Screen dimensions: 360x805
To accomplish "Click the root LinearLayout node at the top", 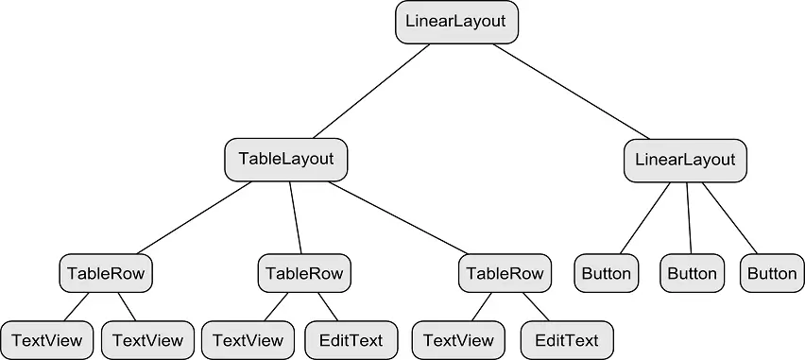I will pyautogui.click(x=456, y=21).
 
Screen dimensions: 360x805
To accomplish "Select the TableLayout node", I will pyautogui.click(x=286, y=159).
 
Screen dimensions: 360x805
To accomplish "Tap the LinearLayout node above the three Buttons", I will pyautogui.click(x=685, y=160).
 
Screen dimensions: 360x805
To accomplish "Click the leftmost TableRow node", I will pyautogui.click(x=106, y=274).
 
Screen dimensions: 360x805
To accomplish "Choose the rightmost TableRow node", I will pyautogui.click(x=506, y=274).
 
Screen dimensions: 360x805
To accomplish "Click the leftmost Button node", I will pyautogui.click(x=606, y=274).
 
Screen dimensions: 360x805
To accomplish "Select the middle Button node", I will pyautogui.click(x=692, y=274).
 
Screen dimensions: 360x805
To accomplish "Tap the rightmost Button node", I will pyautogui.click(x=772, y=274).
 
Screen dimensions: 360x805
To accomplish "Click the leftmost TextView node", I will pyautogui.click(x=47, y=339).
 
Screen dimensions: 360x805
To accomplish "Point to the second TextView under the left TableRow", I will pyautogui.click(x=147, y=339).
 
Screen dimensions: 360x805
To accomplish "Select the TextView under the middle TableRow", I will pyautogui.click(x=248, y=339).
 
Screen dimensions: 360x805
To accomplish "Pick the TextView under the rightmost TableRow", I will pyautogui.click(x=458, y=339).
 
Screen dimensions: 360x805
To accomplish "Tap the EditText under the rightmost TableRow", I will pyautogui.click(x=566, y=339).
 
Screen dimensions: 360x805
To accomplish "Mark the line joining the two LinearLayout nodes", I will pyautogui.click(x=572, y=91).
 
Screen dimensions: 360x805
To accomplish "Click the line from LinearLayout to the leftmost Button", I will pyautogui.click(x=646, y=217).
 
